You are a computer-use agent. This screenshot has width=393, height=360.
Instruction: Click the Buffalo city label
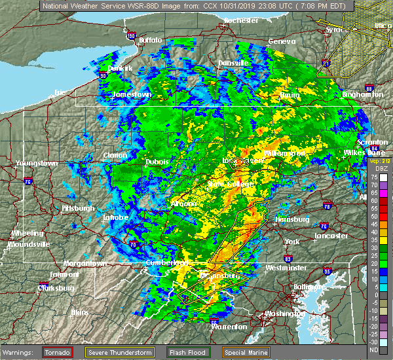(x=150, y=41)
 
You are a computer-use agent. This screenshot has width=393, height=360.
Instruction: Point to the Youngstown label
(x=37, y=162)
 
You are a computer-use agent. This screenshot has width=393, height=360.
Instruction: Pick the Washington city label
(x=283, y=314)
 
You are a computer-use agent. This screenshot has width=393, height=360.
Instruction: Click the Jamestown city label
(x=132, y=94)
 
